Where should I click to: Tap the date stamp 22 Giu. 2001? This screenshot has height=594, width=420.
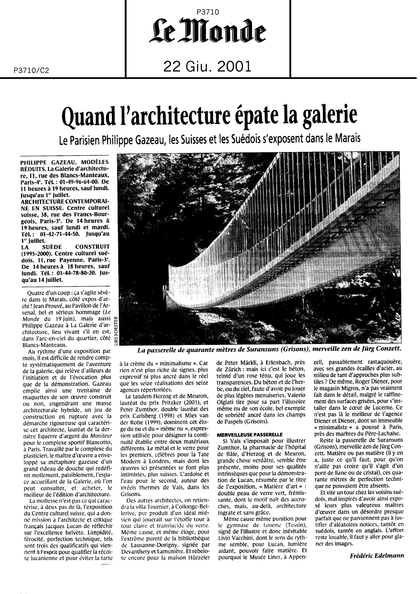(207, 67)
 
